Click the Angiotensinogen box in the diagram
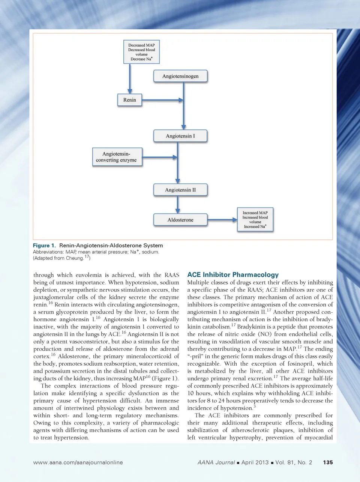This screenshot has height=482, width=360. [x=180, y=76]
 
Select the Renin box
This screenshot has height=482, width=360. [x=130, y=100]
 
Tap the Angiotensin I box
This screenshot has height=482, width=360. [x=180, y=136]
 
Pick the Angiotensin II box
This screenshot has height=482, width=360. [x=180, y=190]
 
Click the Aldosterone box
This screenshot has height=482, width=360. [x=180, y=220]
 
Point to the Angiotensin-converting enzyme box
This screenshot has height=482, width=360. [x=116, y=157]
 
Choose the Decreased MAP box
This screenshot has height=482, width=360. [x=141, y=52]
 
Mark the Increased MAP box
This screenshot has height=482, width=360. [x=255, y=220]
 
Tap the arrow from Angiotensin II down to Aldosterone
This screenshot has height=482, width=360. [x=178, y=205]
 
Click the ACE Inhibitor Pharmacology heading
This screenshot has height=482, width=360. [x=233, y=275]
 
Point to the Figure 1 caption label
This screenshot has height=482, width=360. [x=44, y=246]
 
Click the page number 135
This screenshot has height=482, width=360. [x=328, y=462]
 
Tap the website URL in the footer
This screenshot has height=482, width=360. [x=78, y=462]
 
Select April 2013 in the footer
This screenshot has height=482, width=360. [x=255, y=462]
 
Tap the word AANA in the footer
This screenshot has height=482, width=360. [x=205, y=462]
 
